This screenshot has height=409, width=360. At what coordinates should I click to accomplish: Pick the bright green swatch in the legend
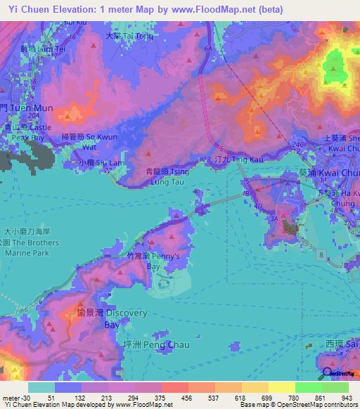(309, 387)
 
